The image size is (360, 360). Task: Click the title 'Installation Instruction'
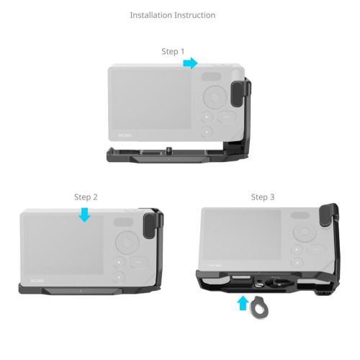[172, 15]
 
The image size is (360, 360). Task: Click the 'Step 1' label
[173, 52]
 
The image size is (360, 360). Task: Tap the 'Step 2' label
[86, 197]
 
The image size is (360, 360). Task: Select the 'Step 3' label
[263, 197]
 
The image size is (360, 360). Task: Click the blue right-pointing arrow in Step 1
[190, 64]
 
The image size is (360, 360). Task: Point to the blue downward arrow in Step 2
[85, 215]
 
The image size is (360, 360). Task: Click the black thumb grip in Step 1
[237, 94]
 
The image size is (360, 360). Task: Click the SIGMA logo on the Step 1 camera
[125, 135]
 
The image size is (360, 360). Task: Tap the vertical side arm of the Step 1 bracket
[246, 115]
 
